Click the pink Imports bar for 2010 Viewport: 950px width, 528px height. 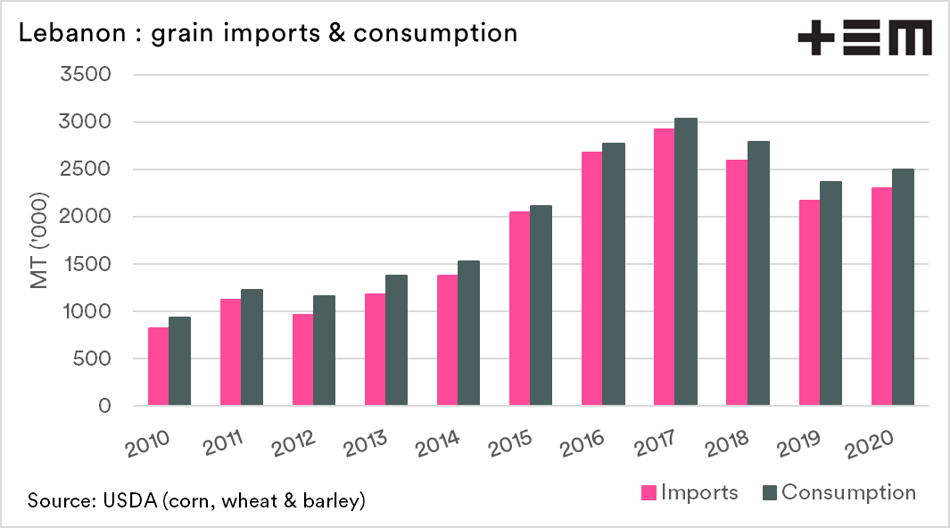click(158, 367)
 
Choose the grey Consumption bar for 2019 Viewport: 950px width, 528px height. click(830, 293)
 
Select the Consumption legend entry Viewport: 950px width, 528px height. click(838, 492)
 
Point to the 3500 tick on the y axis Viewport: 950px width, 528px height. click(85, 75)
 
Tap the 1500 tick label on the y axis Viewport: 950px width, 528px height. click(86, 264)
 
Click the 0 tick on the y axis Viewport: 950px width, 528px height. click(104, 406)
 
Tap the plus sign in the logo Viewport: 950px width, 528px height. click(815, 38)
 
